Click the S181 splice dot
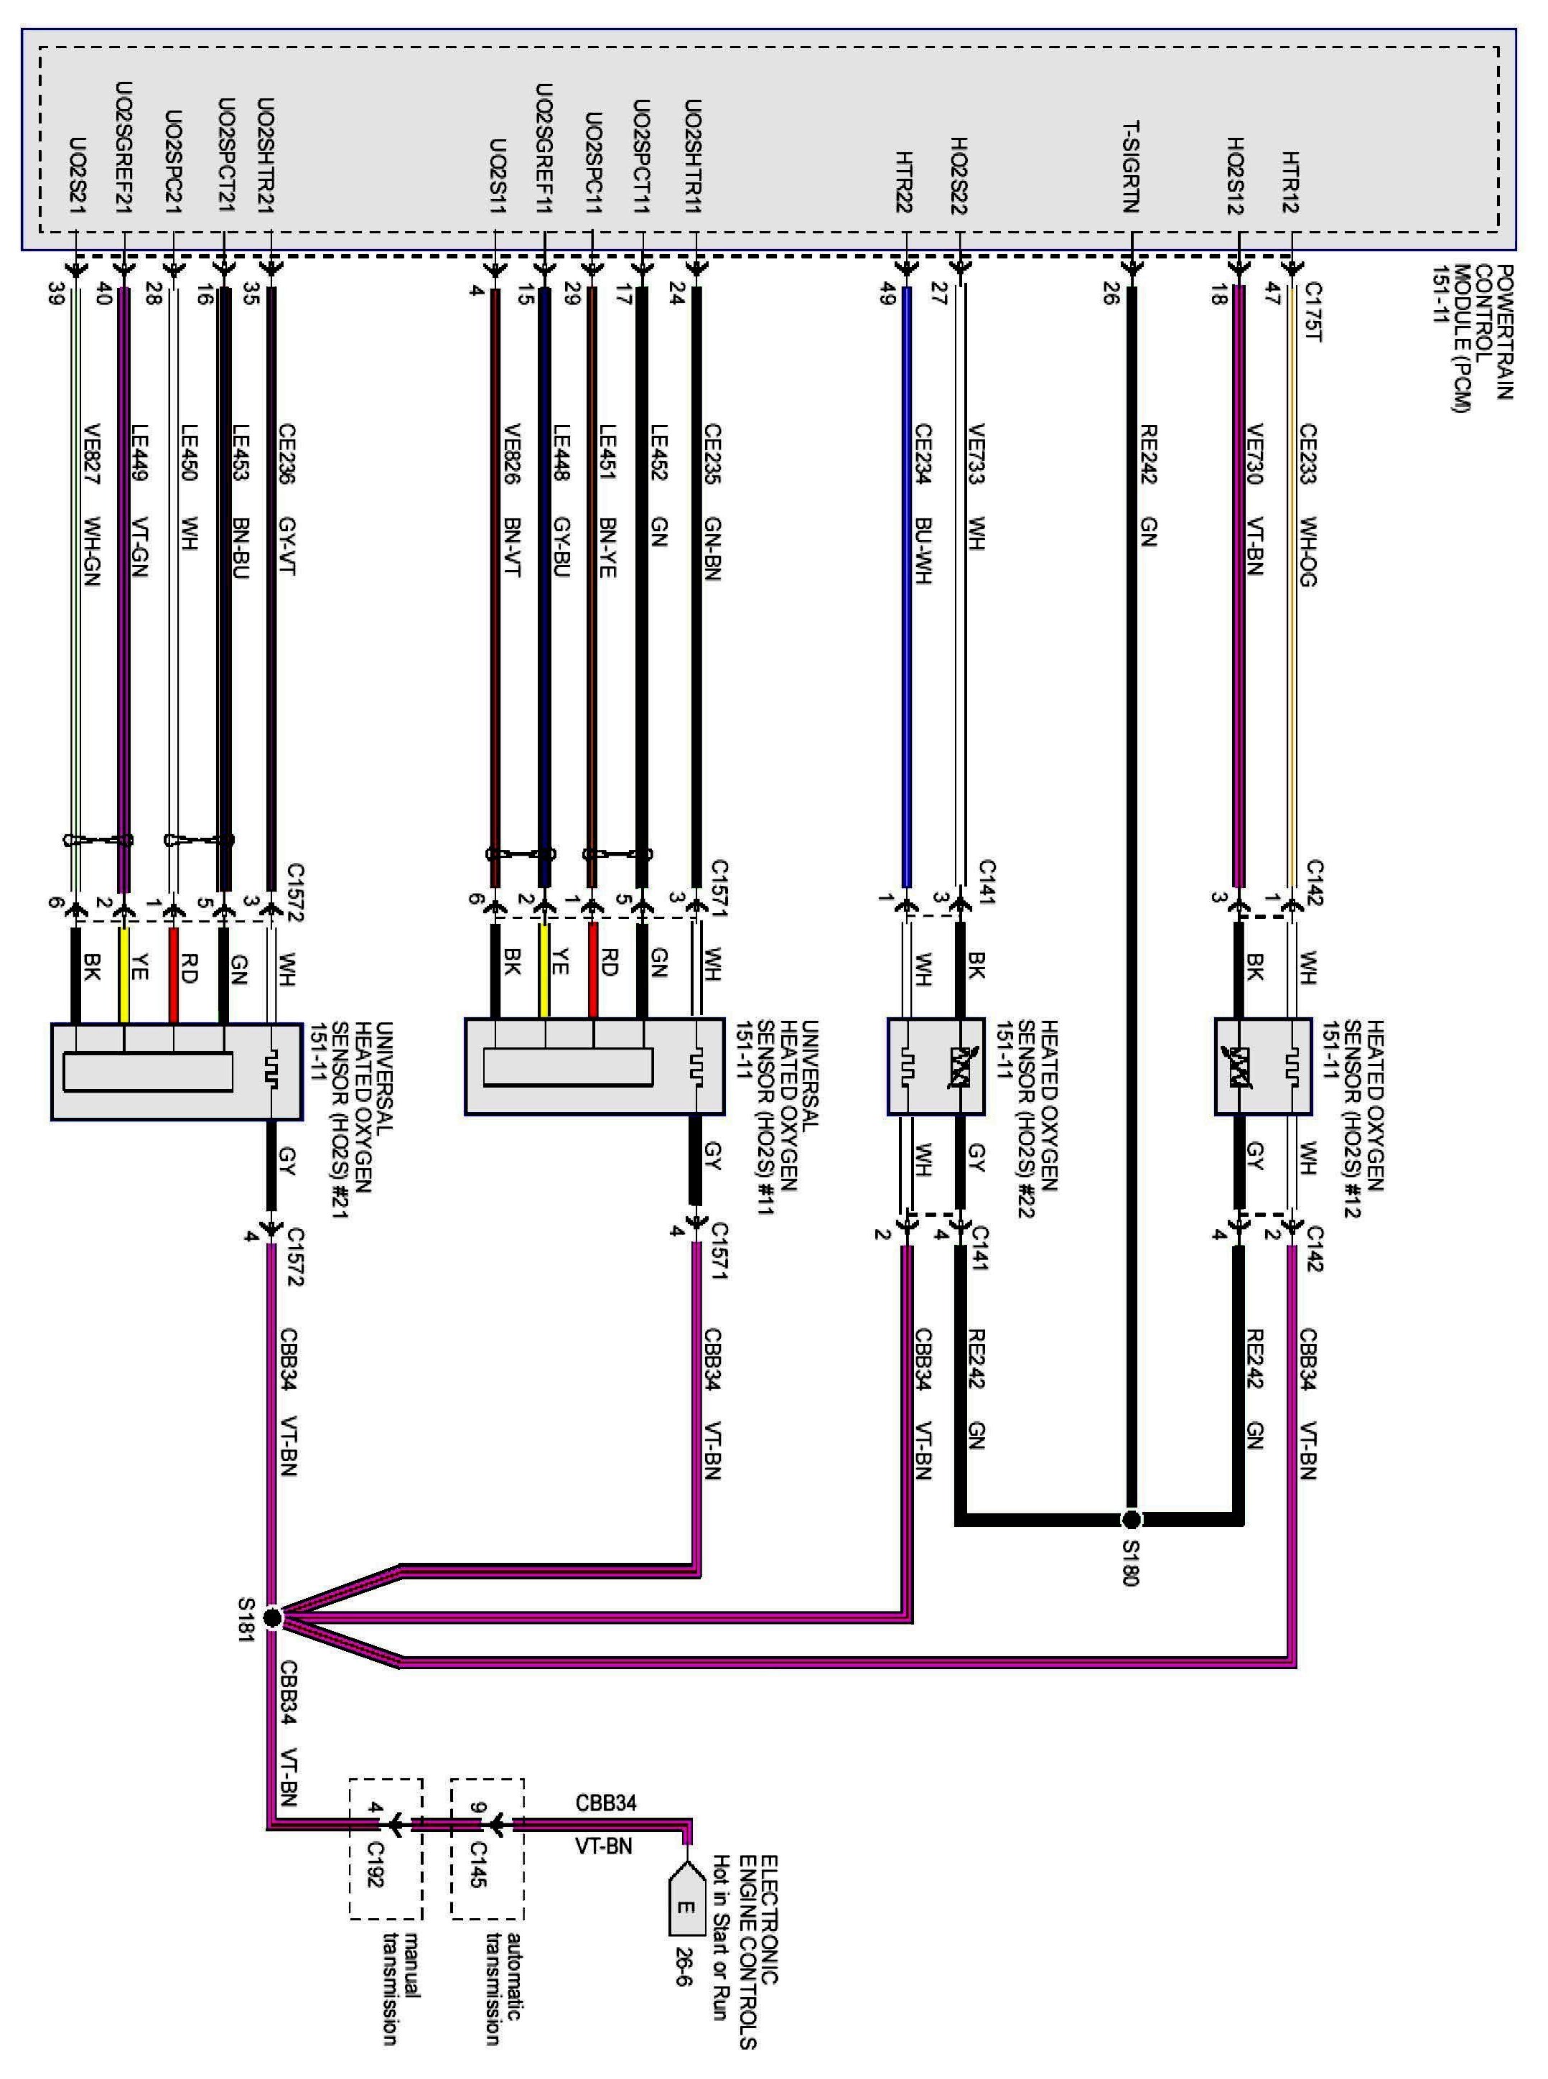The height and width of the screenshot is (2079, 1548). pyautogui.click(x=271, y=1617)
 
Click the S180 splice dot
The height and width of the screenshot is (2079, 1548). pyautogui.click(x=1132, y=1519)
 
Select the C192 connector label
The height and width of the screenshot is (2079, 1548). pyautogui.click(x=375, y=1864)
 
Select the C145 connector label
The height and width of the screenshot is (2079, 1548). pyautogui.click(x=477, y=1864)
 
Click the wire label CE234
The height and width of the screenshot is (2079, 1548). pyautogui.click(x=923, y=454)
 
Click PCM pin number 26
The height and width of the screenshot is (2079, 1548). pyautogui.click(x=1111, y=294)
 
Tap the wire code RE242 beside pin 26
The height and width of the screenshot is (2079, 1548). pyautogui.click(x=1149, y=454)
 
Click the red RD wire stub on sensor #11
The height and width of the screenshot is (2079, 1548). pyautogui.click(x=592, y=971)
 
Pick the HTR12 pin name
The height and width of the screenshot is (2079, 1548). pyautogui.click(x=1290, y=182)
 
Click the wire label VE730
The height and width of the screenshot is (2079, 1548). pyautogui.click(x=1256, y=454)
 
